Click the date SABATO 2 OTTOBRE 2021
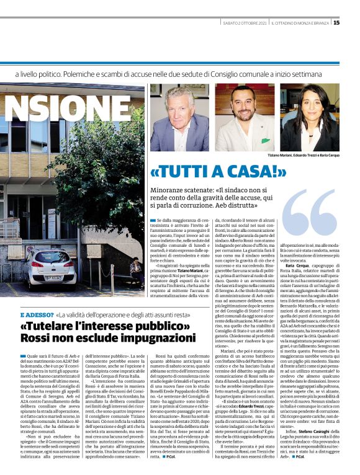point(243,23)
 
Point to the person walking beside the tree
point(133,269)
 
